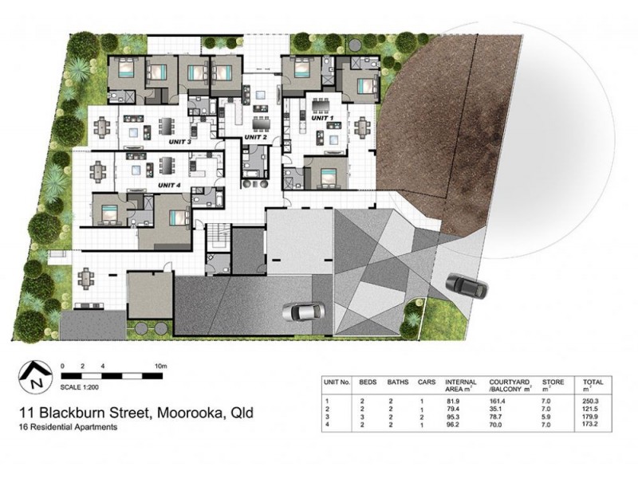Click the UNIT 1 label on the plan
click(x=322, y=118)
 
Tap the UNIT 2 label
click(x=255, y=137)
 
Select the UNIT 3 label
click(x=180, y=143)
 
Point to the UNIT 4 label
click(x=169, y=186)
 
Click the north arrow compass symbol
click(x=36, y=377)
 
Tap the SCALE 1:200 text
click(x=79, y=387)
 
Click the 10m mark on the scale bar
click(x=161, y=366)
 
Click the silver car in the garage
click(x=304, y=311)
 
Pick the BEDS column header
click(x=368, y=382)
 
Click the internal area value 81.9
click(x=452, y=402)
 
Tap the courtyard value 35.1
click(x=495, y=409)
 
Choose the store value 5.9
click(x=546, y=417)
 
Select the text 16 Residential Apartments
click(x=69, y=427)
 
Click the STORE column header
click(x=553, y=382)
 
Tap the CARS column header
click(x=427, y=382)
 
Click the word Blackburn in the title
click(x=75, y=413)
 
